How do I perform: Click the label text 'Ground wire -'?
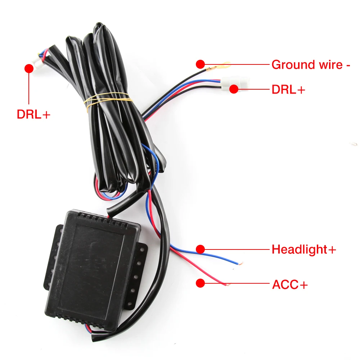311,65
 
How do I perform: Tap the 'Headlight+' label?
304,249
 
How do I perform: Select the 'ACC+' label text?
290,285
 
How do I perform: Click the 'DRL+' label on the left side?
33,114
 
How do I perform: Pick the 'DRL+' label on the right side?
288,90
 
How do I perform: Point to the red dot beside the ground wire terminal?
200,64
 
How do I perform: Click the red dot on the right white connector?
234,89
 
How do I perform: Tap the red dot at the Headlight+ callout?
200,249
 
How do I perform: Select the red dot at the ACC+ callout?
200,283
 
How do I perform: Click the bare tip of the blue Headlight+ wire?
239,263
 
